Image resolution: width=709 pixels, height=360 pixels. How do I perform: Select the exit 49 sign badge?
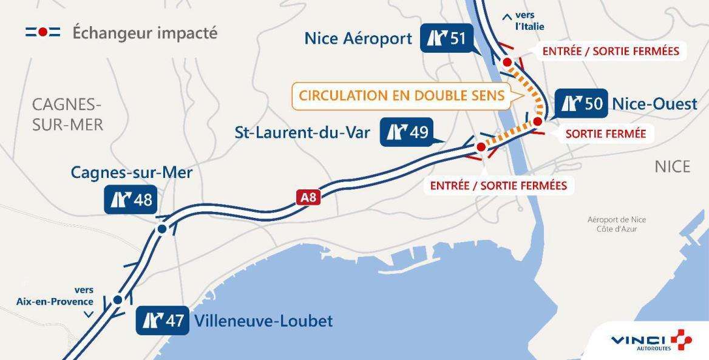pyautogui.click(x=407, y=132)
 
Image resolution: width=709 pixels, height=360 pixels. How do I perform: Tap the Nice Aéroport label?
pyautogui.click(x=358, y=39)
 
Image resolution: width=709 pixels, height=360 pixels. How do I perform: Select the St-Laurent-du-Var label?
pyautogui.click(x=302, y=132)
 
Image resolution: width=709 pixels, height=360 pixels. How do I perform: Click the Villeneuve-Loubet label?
pyautogui.click(x=263, y=321)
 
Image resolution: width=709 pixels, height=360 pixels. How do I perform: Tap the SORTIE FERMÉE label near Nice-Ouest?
pyautogui.click(x=605, y=134)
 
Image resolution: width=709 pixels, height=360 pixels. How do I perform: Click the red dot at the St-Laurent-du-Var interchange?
pyautogui.click(x=481, y=147)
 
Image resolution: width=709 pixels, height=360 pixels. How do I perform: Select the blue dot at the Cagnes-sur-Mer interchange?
pyautogui.click(x=162, y=228)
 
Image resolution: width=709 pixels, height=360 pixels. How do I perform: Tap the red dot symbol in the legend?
pyautogui.click(x=42, y=33)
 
